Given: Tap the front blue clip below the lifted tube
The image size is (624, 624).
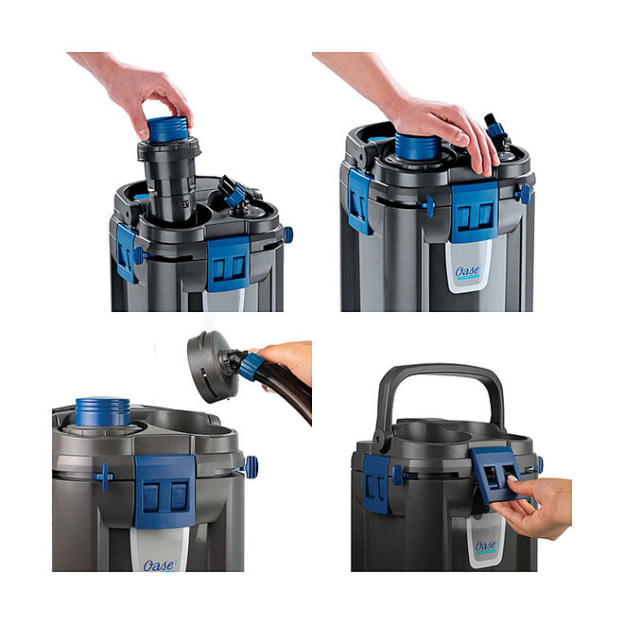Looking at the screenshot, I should tap(227, 264).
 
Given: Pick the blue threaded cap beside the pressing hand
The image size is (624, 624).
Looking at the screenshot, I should tap(416, 147).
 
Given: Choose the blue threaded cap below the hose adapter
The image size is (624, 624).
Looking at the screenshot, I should tap(102, 411).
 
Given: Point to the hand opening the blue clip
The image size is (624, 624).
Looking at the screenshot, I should tap(539, 506).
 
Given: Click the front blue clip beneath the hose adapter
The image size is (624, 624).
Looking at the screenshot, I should tap(165, 491).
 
